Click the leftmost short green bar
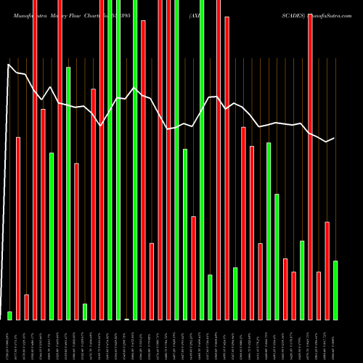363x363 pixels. [x=10, y=315]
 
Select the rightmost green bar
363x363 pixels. [x=335, y=290]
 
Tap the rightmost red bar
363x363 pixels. [x=327, y=270]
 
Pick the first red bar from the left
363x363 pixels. [x=18, y=228]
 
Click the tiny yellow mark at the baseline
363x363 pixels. [x=127, y=319]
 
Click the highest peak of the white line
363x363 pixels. [x=9, y=65]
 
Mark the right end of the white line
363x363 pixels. [x=334, y=138]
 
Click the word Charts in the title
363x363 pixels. [x=97, y=6]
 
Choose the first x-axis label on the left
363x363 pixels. [x=10, y=341]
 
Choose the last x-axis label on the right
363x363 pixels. [x=335, y=341]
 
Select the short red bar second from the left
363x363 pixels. [x=27, y=306]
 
